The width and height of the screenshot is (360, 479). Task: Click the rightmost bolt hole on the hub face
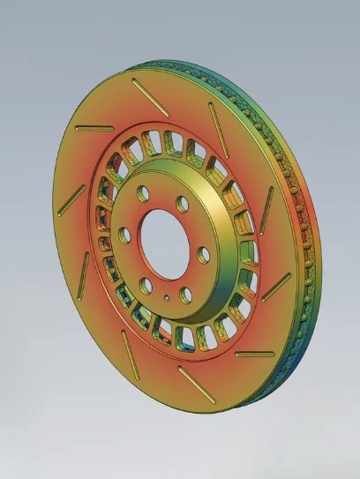coord(204,255)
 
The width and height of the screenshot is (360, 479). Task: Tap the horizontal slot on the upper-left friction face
coord(87,130)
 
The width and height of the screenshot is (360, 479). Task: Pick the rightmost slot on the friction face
coord(277,285)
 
